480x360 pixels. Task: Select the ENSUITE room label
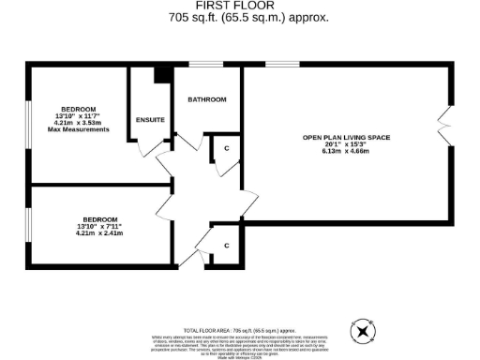(x=150, y=120)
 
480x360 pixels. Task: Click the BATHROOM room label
(x=206, y=99)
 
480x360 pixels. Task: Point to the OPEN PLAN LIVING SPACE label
(x=345, y=138)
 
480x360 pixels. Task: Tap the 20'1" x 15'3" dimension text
(x=345, y=145)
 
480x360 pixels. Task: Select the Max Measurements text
(x=79, y=128)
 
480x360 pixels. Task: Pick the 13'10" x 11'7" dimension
(x=79, y=114)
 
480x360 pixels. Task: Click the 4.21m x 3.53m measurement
(x=79, y=122)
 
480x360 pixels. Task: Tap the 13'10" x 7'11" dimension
(x=99, y=226)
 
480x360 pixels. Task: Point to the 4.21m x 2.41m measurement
(x=99, y=233)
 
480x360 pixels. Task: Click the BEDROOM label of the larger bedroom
(x=79, y=107)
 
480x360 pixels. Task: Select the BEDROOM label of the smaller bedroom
(x=99, y=218)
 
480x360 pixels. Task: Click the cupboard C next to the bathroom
(x=226, y=148)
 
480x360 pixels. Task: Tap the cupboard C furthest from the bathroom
(x=226, y=246)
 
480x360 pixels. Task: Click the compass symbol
(x=361, y=331)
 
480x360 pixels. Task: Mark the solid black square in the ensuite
(x=160, y=75)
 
